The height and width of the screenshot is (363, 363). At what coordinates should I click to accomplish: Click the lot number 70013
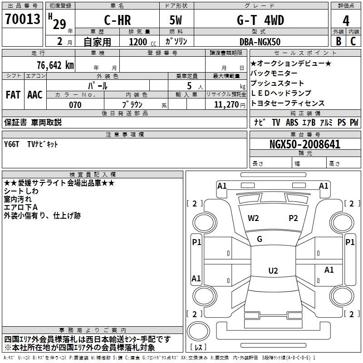tap(22, 19)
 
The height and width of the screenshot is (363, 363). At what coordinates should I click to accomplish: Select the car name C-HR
tap(118, 20)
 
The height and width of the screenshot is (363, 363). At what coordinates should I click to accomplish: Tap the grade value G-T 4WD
tap(260, 20)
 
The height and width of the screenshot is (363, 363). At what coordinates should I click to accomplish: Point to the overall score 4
tap(346, 20)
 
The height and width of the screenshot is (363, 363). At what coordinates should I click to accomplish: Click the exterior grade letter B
tap(338, 41)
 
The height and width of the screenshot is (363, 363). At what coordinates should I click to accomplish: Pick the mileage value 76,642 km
tap(55, 65)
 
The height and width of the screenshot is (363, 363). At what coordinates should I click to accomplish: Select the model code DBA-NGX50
tap(260, 42)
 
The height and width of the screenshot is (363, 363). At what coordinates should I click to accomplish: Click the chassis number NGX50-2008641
tap(305, 144)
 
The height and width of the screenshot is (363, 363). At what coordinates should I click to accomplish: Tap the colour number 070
tap(75, 105)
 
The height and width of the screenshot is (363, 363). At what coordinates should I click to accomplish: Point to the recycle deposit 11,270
tap(226, 105)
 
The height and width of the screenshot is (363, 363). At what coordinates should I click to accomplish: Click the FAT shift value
tap(13, 95)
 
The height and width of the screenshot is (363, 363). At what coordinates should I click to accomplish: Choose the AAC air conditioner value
tap(35, 95)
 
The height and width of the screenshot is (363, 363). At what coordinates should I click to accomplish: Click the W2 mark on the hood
tap(253, 218)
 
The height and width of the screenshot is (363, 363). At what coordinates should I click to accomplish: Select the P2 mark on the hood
tap(293, 218)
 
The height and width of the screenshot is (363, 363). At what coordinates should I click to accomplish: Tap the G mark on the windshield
tap(260, 239)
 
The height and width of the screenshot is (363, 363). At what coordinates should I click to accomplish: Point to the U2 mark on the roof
tap(273, 270)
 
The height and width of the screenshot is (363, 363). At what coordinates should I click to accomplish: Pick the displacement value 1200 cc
tap(142, 42)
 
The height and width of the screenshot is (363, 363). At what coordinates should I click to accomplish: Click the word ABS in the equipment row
tap(292, 123)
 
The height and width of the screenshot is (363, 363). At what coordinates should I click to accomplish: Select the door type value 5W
tap(176, 20)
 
